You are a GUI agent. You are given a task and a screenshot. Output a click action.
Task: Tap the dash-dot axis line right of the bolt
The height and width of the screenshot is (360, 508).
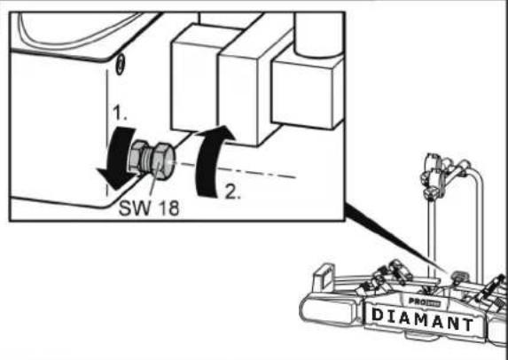pyautogui.click(x=257, y=175)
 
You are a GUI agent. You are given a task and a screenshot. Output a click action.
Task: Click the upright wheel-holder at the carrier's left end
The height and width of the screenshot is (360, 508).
pyautogui.click(x=325, y=272)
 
